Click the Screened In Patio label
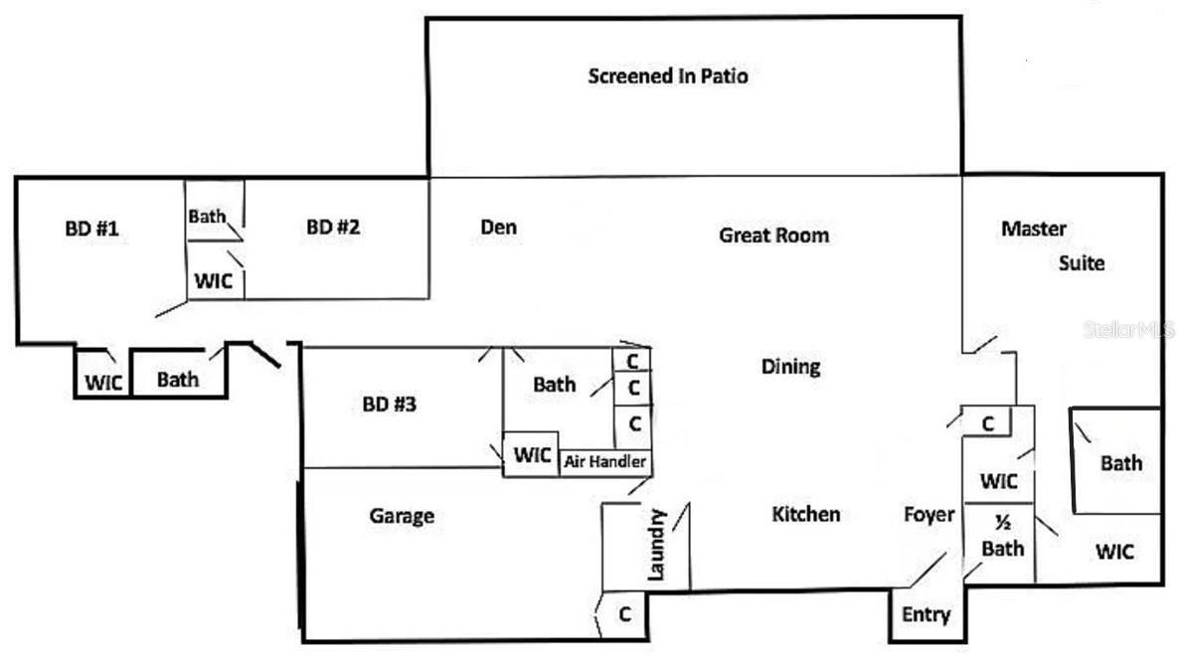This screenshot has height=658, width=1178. (x=667, y=77)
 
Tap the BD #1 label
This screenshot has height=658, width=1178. (x=92, y=229)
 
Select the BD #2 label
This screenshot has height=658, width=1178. (x=333, y=227)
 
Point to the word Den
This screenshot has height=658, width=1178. (x=498, y=227)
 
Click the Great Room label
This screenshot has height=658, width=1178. (x=773, y=236)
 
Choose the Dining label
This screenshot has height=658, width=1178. (x=790, y=367)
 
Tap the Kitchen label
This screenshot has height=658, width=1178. (x=805, y=514)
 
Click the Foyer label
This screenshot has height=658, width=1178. (x=928, y=515)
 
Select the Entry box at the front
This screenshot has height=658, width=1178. (x=926, y=614)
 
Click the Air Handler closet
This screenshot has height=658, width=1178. (x=605, y=462)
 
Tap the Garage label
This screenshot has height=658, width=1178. (x=402, y=516)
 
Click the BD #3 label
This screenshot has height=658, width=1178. (x=390, y=405)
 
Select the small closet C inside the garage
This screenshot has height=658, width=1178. (x=624, y=614)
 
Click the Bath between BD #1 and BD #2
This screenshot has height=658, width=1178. (x=207, y=216)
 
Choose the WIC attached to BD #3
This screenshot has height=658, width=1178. (x=532, y=456)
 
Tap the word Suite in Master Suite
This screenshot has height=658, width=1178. (x=1081, y=264)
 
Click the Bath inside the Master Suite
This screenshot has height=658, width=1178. (x=1120, y=463)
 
